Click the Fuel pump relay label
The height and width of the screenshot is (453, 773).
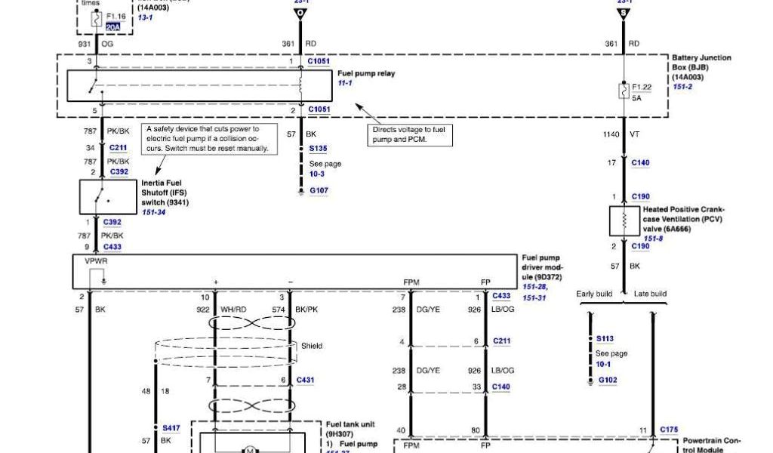point(365,73)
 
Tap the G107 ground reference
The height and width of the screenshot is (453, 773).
point(319,190)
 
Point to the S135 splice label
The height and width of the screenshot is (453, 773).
point(318,149)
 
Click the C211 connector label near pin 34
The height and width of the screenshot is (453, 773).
point(119,147)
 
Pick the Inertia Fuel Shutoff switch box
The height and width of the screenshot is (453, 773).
point(108,196)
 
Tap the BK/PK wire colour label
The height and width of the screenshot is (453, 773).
point(306,310)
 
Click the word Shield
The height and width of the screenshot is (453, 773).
point(312,346)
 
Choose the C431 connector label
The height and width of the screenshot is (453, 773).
point(305,380)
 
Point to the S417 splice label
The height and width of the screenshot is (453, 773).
point(170,428)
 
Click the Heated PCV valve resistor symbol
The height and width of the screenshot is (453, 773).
point(624,220)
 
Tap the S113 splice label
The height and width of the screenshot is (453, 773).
point(605,339)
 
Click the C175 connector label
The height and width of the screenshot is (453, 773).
point(668,430)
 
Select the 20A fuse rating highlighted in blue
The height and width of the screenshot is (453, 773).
point(112,26)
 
